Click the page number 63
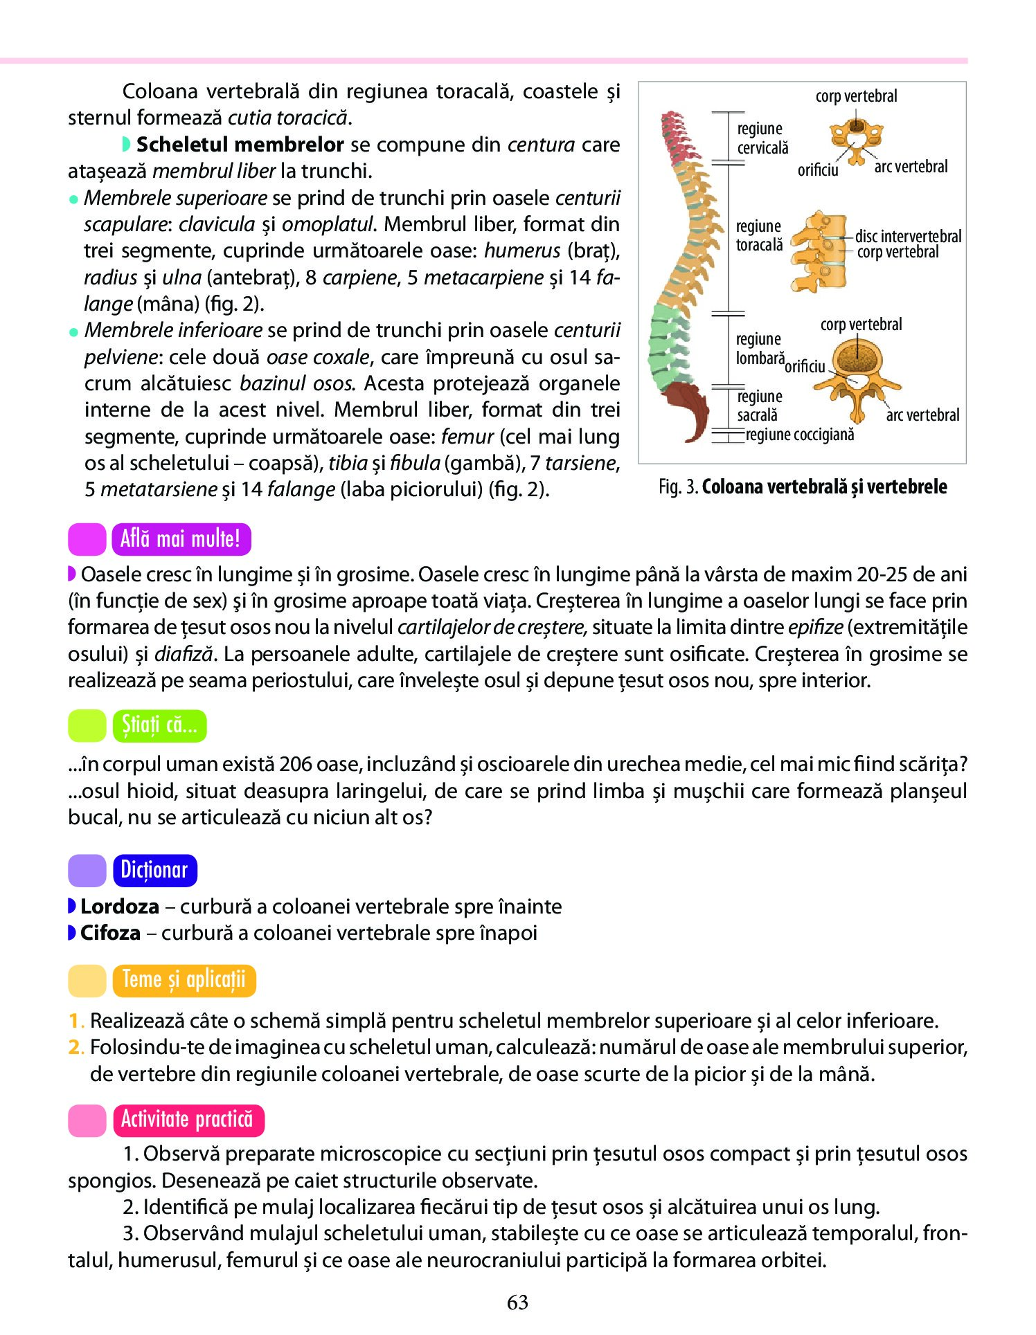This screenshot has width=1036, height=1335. [x=517, y=1302]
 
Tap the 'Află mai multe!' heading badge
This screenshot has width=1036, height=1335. [x=181, y=539]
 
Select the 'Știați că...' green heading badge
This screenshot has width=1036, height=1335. [x=159, y=725]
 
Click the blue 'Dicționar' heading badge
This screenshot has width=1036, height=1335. [x=154, y=870]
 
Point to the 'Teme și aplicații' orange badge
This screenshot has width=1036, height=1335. [x=184, y=980]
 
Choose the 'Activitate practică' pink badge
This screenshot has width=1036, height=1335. [x=188, y=1120]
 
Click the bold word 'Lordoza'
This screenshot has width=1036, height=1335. [x=120, y=906]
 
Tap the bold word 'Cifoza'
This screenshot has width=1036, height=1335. [x=110, y=932]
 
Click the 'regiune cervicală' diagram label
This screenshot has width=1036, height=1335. [x=762, y=138]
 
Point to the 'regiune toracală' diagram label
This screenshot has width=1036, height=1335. [x=759, y=235]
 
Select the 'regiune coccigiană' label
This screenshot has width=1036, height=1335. [x=800, y=435]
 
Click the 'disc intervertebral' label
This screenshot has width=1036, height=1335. [x=908, y=236]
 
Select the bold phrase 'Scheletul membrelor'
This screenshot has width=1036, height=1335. [x=240, y=144]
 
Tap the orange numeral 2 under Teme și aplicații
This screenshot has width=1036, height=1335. [x=74, y=1047]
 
